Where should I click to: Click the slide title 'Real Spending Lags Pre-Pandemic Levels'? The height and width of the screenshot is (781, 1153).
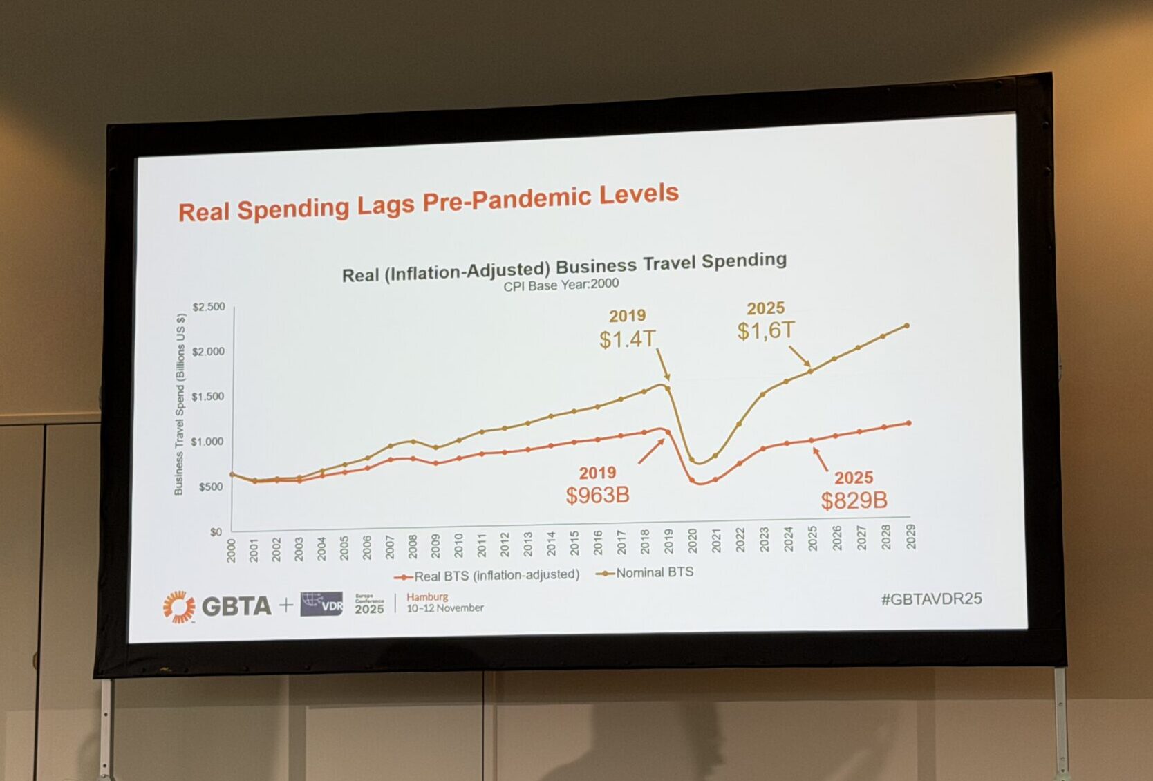(x=428, y=203)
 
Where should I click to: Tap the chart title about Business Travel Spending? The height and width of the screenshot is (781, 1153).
(x=564, y=267)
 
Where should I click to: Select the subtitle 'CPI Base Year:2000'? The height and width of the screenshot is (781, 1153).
(x=561, y=285)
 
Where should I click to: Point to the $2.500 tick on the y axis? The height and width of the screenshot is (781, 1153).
(x=208, y=307)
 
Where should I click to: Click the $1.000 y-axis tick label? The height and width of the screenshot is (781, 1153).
(x=207, y=442)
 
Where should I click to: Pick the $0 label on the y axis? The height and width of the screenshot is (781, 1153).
(x=216, y=532)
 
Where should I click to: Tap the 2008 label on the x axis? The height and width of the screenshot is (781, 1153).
(x=413, y=546)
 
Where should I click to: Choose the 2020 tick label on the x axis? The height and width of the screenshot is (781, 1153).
(x=693, y=540)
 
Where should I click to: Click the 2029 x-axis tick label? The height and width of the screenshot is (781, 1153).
(x=911, y=536)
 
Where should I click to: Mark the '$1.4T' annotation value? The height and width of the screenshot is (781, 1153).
(x=627, y=339)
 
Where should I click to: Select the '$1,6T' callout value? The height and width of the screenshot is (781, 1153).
(x=766, y=330)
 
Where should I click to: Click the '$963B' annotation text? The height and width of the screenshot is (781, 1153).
(x=597, y=496)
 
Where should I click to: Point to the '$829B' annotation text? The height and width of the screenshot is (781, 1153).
(x=854, y=500)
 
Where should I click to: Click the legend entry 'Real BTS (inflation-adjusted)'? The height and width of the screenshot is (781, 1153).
(x=496, y=575)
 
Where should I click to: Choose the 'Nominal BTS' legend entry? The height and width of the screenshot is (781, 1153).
(x=654, y=572)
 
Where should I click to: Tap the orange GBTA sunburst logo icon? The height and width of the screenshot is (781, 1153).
(x=179, y=607)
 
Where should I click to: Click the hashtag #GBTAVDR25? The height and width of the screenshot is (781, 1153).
(x=931, y=599)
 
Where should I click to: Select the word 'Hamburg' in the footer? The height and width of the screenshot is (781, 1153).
(x=427, y=596)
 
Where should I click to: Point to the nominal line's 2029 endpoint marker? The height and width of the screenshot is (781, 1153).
(x=907, y=326)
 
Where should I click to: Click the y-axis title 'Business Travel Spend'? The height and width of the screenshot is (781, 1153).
(x=179, y=404)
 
